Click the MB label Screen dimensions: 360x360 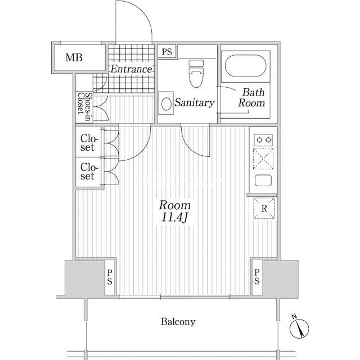[x=74, y=57]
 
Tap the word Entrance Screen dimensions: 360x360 [x=131, y=69]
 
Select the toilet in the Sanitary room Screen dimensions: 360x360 [x=196, y=74]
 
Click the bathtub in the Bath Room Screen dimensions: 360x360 [x=246, y=65]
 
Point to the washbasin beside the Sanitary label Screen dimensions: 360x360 [x=166, y=104]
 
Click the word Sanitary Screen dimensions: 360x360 [x=195, y=102]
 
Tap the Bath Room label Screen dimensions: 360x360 [x=251, y=97]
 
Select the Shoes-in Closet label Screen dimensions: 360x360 [x=84, y=107]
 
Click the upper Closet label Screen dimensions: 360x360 [x=89, y=143]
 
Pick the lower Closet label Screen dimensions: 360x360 [x=89, y=171]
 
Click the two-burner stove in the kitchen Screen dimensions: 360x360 [x=263, y=140]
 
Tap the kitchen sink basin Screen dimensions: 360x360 [x=263, y=181]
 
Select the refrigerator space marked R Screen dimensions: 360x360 [x=264, y=208]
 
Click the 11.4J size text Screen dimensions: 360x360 [x=175, y=217]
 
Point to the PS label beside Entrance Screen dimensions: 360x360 [x=167, y=52]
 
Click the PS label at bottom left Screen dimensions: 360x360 [x=110, y=277]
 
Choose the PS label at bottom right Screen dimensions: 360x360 [x=257, y=277]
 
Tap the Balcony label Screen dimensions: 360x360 [x=178, y=322]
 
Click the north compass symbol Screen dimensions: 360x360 [x=299, y=328]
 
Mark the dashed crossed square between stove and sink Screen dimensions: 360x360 [x=263, y=159]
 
